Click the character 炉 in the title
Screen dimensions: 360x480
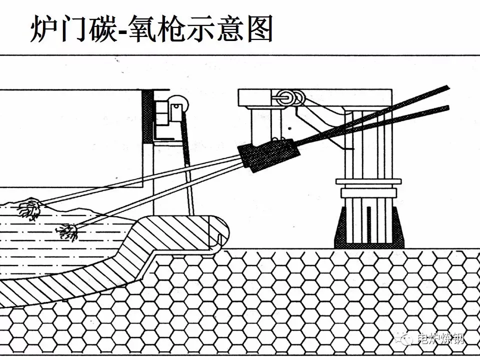[43, 29]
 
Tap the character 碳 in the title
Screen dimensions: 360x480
[98, 29]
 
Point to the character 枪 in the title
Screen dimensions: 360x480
[177, 29]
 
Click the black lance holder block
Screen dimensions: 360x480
[269, 154]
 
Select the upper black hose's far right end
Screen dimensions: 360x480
[446, 88]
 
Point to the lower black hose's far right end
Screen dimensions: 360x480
[446, 107]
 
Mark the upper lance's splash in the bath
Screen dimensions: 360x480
[29, 208]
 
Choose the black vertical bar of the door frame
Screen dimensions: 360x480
[147, 115]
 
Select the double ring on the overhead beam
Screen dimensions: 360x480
[290, 97]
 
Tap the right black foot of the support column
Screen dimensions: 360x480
[398, 227]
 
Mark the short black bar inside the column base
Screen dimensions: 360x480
[368, 222]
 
